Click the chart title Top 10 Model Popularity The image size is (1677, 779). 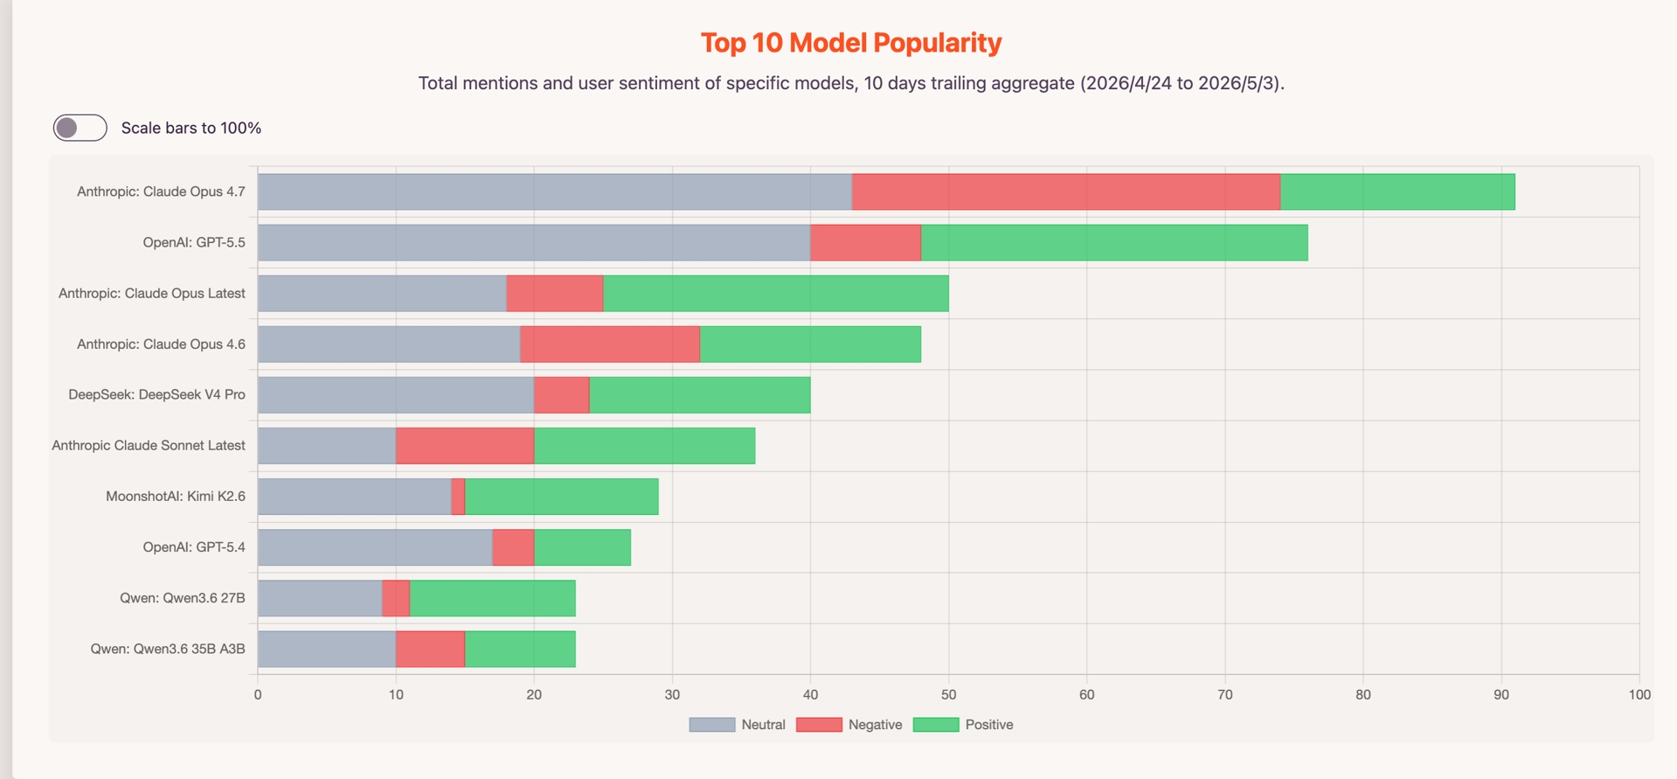coord(851,43)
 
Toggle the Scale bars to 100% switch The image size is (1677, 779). coord(80,128)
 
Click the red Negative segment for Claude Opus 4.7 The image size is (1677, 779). coord(1066,191)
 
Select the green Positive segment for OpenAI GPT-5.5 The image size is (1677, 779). coord(1114,242)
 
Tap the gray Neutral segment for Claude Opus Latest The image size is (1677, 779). coord(382,293)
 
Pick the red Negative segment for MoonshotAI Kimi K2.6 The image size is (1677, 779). coord(458,497)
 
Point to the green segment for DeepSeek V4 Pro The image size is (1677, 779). coord(700,395)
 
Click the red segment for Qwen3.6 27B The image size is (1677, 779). coord(396,598)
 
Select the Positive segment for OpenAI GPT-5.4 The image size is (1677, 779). coord(582,547)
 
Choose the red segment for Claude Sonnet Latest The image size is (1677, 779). coord(465,446)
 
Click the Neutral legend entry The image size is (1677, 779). coord(737,725)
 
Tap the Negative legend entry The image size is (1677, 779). coord(849,725)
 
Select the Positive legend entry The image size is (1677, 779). coord(963,725)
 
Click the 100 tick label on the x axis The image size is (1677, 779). coord(1639,694)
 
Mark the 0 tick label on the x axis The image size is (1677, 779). coord(258,694)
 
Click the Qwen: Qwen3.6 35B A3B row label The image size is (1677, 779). coord(168,649)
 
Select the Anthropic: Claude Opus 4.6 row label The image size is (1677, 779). coord(161,344)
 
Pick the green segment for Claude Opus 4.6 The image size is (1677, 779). coord(810,344)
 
